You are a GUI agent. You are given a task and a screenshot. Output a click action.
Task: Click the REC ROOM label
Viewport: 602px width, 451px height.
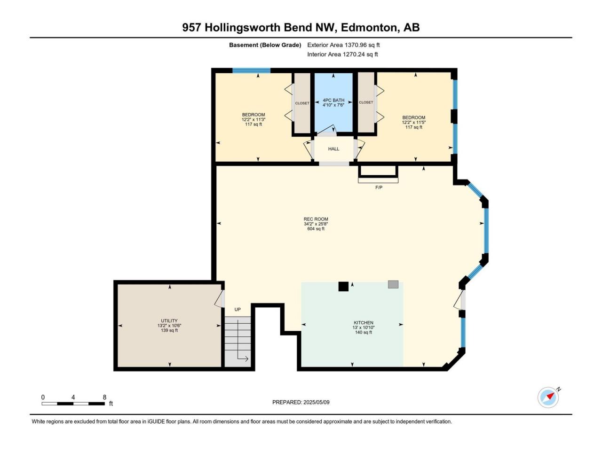(x=316, y=219)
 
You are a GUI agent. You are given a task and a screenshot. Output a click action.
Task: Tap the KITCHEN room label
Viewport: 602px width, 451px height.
(x=364, y=323)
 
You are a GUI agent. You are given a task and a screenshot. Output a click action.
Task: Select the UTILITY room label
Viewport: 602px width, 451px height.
(x=169, y=321)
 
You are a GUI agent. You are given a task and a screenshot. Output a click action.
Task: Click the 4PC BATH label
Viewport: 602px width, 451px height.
(x=333, y=100)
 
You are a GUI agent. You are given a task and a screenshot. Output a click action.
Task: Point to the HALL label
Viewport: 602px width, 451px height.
(x=333, y=149)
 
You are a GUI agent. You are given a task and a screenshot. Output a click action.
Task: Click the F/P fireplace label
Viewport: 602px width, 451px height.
(x=379, y=187)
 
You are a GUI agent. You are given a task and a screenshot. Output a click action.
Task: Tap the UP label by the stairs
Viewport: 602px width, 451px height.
(x=238, y=310)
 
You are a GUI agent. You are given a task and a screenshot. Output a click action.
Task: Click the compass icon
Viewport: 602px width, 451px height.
(x=548, y=397)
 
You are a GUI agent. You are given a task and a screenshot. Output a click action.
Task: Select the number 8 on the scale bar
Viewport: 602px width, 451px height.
(x=104, y=397)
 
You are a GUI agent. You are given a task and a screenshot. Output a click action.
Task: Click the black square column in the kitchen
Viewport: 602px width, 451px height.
(x=343, y=287)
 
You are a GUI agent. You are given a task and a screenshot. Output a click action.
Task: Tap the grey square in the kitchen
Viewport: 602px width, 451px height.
(x=393, y=284)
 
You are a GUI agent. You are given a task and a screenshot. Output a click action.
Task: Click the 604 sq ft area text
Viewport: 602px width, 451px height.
(x=316, y=229)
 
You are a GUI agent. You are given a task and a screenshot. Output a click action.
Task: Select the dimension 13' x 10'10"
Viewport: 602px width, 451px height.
(x=364, y=327)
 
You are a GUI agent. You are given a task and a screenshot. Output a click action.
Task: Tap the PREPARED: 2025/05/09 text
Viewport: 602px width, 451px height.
(x=301, y=402)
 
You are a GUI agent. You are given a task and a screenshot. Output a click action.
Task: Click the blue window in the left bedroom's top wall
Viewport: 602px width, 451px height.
(x=252, y=70)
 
